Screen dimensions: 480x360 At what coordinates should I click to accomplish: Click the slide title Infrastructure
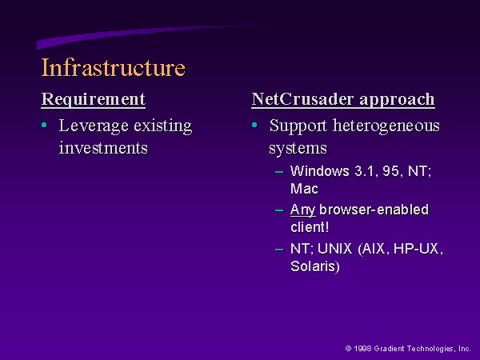click(x=114, y=67)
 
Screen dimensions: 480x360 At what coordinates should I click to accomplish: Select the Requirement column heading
click(x=94, y=99)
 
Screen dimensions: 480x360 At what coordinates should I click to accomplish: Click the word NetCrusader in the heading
click(x=302, y=99)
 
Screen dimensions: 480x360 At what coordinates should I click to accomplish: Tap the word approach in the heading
click(x=397, y=100)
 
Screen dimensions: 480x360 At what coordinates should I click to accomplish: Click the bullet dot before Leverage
click(x=44, y=125)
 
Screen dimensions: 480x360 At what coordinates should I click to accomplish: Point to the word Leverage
click(x=94, y=126)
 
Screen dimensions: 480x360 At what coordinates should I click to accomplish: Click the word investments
click(x=103, y=149)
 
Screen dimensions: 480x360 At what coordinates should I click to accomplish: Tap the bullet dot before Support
click(x=254, y=125)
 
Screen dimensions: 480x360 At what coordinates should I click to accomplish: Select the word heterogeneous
click(x=386, y=126)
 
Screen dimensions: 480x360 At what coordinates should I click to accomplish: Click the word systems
click(x=298, y=149)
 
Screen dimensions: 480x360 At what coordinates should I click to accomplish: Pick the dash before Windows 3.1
click(x=279, y=172)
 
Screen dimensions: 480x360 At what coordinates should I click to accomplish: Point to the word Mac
click(x=304, y=189)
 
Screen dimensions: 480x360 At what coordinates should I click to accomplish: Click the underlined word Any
click(x=302, y=210)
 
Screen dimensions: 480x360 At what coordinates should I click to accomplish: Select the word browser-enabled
click(x=374, y=210)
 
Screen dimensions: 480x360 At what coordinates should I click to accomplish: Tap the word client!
click(x=310, y=227)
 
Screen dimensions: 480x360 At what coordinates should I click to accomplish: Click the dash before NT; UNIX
click(x=279, y=250)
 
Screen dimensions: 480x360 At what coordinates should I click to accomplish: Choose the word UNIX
click(x=334, y=249)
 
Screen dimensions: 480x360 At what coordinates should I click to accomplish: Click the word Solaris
click(x=315, y=266)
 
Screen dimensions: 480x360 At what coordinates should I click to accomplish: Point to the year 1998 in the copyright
click(x=362, y=349)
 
